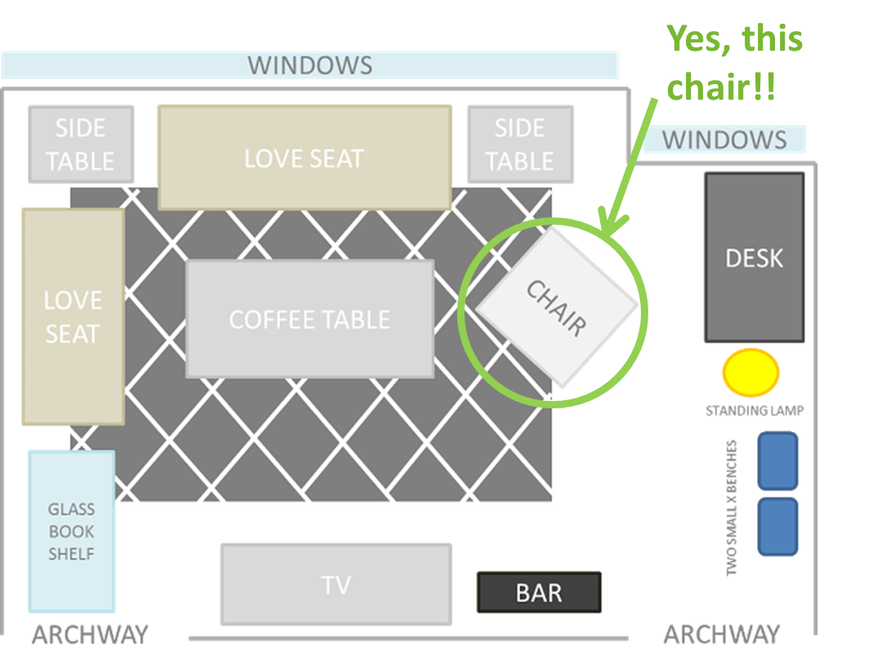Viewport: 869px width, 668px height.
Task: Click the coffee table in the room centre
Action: pyautogui.click(x=309, y=318)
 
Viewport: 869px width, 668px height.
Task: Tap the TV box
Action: pyautogui.click(x=336, y=585)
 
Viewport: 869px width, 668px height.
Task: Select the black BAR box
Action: pyautogui.click(x=539, y=593)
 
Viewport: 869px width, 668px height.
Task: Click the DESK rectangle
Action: pyautogui.click(x=754, y=257)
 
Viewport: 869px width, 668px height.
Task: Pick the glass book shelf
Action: pyautogui.click(x=72, y=531)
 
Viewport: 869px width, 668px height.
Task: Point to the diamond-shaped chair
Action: pyautogui.click(x=557, y=307)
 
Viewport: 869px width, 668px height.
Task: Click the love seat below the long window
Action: pyautogui.click(x=304, y=158)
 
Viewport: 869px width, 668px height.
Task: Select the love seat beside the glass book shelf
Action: pyautogui.click(x=73, y=317)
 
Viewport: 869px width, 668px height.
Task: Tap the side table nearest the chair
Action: pyautogui.click(x=520, y=145)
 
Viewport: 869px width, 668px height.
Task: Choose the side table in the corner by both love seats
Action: pyautogui.click(x=80, y=145)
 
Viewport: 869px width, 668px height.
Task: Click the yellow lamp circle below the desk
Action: pyautogui.click(x=750, y=372)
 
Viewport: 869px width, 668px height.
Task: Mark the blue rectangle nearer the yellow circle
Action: pyautogui.click(x=777, y=461)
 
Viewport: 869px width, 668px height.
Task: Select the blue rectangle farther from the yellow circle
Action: pyautogui.click(x=777, y=527)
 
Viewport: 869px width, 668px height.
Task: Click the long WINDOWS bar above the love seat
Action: pyautogui.click(x=310, y=65)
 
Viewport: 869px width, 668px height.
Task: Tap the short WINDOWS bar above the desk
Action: pyautogui.click(x=724, y=140)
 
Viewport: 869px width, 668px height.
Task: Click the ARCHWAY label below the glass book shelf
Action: pyautogui.click(x=89, y=634)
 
